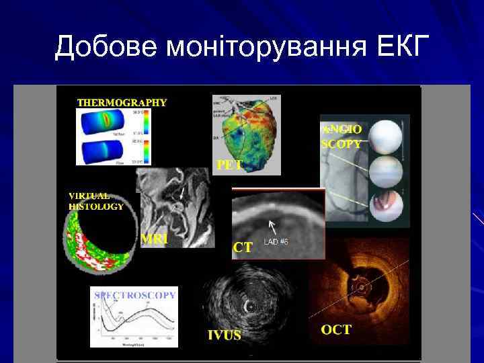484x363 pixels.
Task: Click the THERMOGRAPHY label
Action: point(122,103)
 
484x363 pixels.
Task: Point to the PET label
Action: point(229,164)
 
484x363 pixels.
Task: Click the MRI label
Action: point(155,238)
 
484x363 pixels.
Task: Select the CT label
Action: point(243,247)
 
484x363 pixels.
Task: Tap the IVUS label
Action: point(224,334)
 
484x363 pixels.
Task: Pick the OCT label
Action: point(335,330)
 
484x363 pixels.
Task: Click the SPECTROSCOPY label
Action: point(135,294)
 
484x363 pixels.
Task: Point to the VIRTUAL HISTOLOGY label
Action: point(95,201)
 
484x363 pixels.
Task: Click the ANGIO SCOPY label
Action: point(341,136)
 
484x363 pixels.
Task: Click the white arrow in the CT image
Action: point(272,224)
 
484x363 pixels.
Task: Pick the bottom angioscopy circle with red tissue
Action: point(387,206)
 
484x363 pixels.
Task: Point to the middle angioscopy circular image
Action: point(387,171)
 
